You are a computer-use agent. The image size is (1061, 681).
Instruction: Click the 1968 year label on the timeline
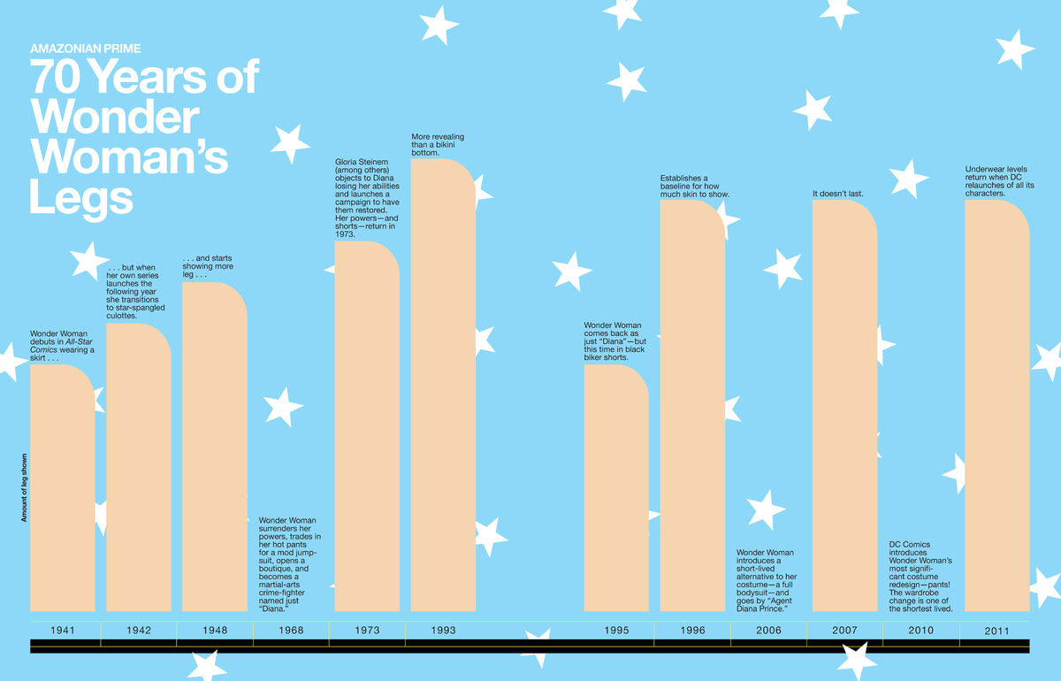[x=291, y=631]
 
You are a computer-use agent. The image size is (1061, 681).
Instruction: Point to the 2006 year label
[x=768, y=631]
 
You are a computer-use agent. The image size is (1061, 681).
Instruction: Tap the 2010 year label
[x=920, y=631]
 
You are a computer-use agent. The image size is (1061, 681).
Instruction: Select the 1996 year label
[x=692, y=631]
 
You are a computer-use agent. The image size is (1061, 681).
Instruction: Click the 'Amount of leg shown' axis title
[x=25, y=487]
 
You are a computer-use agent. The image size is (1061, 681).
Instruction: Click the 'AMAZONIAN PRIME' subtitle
[x=85, y=48]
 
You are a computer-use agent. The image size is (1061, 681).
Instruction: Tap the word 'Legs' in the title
[x=81, y=197]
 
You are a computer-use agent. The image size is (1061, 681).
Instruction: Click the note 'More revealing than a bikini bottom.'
[x=438, y=145]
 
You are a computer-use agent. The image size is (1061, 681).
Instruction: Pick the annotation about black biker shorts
[x=615, y=341]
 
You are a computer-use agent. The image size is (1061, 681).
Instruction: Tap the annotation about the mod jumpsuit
[x=290, y=564]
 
